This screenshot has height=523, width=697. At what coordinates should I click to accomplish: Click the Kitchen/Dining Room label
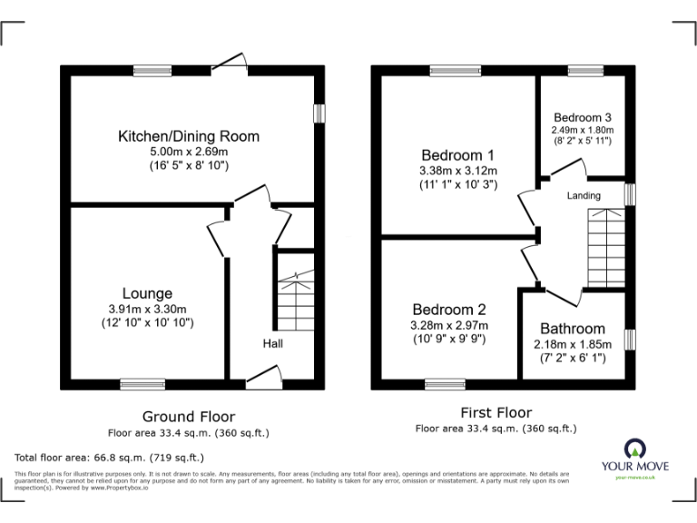pos(189,136)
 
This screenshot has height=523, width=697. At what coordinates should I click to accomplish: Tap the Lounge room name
pos(147,293)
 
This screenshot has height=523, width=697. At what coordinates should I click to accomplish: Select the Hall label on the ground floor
pos(272,344)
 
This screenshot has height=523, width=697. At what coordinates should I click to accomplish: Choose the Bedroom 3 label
pos(582,117)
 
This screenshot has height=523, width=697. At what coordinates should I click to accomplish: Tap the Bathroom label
pos(572,329)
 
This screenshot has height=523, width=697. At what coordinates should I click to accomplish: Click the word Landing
pos(583,196)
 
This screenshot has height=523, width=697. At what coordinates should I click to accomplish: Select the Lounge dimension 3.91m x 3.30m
pos(147,309)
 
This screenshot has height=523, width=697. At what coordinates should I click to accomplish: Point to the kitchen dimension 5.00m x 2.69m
pos(189,152)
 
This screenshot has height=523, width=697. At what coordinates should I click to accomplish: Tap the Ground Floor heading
pos(188,416)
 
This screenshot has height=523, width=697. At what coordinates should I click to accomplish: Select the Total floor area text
pos(110,458)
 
